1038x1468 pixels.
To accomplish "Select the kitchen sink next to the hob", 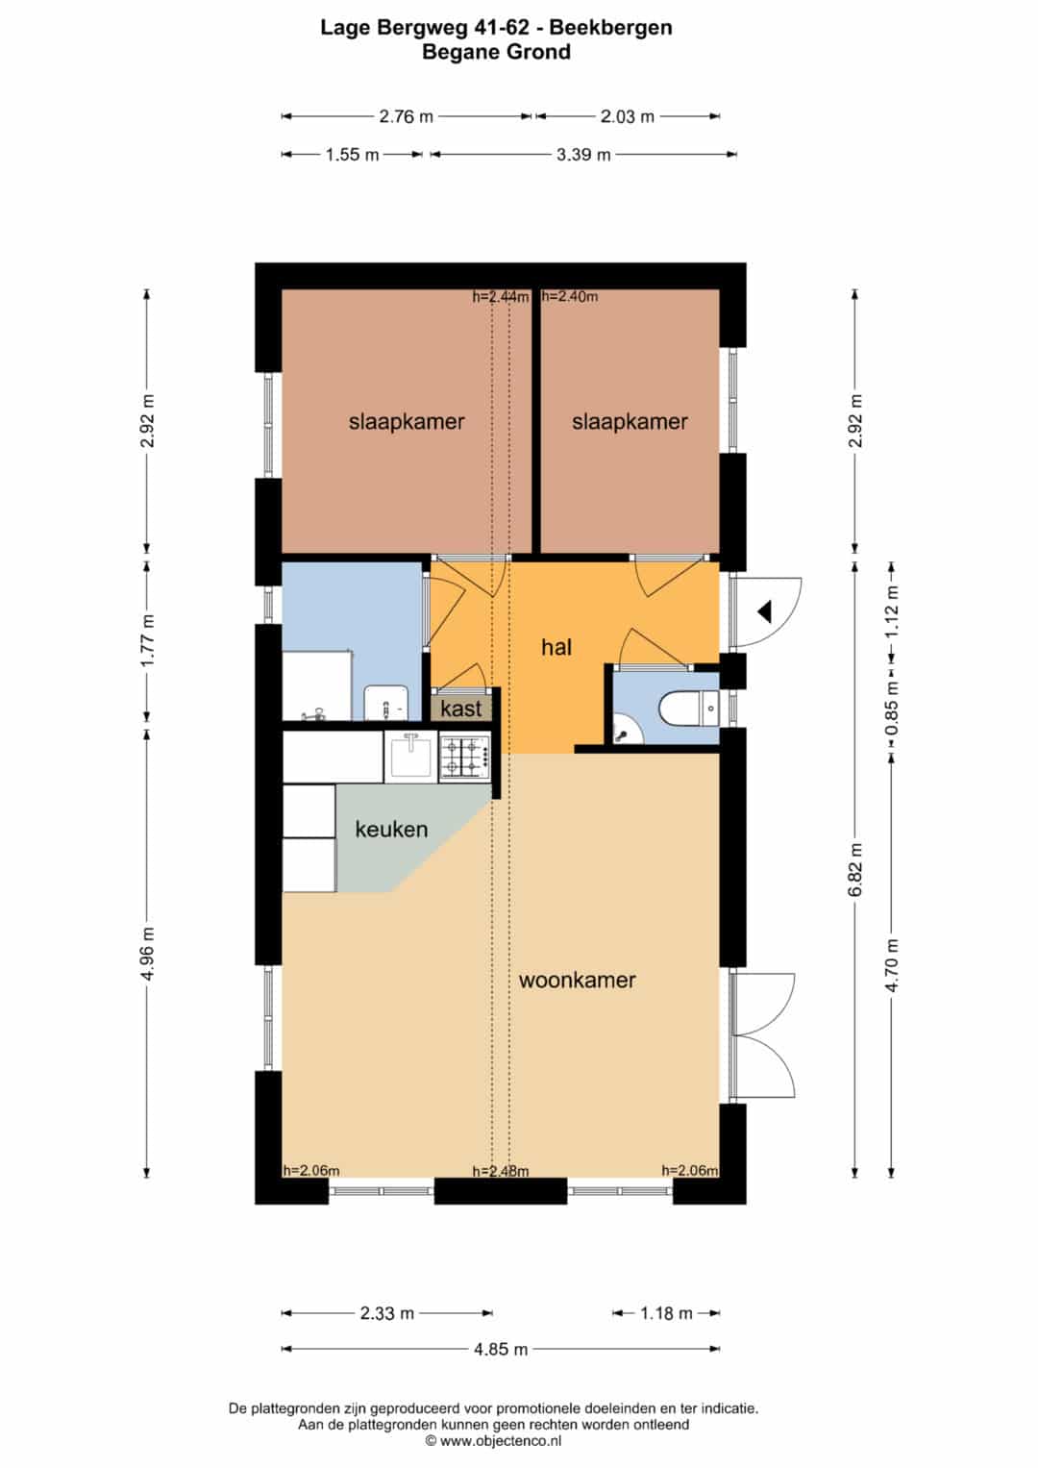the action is [x=411, y=757].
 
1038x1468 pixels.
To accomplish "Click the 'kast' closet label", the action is [x=461, y=709].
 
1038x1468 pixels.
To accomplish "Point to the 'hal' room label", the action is [x=556, y=648].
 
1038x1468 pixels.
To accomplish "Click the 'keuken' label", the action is [x=391, y=829].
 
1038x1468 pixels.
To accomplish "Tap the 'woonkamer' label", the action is [x=577, y=981].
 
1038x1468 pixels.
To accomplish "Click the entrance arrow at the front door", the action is [x=765, y=612].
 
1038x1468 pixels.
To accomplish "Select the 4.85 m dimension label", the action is [x=501, y=1349].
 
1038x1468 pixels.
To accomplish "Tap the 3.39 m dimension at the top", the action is [x=583, y=155].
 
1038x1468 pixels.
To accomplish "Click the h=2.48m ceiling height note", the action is [x=501, y=1171].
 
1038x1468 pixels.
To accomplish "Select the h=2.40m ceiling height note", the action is [x=569, y=296].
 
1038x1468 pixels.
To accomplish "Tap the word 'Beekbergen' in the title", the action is [x=610, y=28].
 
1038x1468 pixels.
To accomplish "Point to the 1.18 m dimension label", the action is [x=666, y=1313].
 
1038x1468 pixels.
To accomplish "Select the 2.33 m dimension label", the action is [x=386, y=1313].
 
